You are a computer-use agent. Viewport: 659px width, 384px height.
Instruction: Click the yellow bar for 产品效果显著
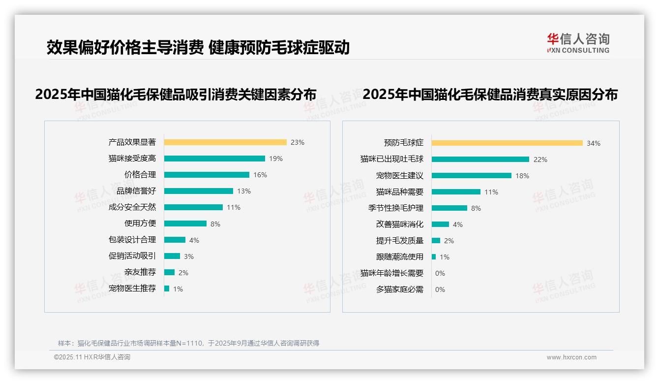coord(225,142)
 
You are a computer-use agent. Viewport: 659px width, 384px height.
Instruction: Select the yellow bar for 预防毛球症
coord(507,143)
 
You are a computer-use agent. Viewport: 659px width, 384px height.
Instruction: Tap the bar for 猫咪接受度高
coord(214,159)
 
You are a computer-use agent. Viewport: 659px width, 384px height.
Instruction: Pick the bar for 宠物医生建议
coord(472,176)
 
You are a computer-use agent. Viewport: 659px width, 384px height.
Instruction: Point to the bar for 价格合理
coord(207,175)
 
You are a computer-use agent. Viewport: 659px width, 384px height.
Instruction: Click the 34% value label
coord(593,143)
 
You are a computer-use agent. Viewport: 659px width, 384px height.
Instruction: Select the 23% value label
coord(297,142)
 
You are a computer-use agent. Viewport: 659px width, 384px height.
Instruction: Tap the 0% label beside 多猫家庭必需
coord(440,289)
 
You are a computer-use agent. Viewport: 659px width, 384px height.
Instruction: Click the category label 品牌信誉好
coord(136,191)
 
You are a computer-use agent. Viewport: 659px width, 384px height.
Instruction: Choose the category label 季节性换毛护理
coord(395,208)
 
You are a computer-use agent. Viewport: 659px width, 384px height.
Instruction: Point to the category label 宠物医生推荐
coord(132,288)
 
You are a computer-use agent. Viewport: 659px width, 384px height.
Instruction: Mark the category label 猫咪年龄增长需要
coord(391,273)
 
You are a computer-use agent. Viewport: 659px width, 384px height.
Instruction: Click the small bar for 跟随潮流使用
coord(434,257)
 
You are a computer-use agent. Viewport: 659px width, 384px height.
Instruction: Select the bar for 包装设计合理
coord(175,240)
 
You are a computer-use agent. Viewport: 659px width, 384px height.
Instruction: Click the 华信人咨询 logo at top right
coord(578,43)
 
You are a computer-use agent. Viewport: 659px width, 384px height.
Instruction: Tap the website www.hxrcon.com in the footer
coord(571,357)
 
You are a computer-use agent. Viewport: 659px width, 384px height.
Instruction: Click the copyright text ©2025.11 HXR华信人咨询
coord(92,357)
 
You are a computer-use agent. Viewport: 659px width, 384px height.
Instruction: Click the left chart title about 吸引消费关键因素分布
coord(176,94)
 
